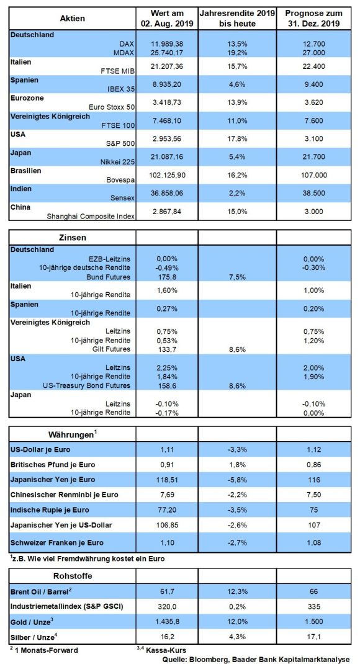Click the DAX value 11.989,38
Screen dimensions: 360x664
(x=168, y=43)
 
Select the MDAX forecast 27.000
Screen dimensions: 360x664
(x=314, y=53)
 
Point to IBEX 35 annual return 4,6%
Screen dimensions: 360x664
(x=237, y=84)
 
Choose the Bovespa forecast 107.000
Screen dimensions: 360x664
(x=314, y=176)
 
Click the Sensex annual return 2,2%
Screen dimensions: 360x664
(x=237, y=194)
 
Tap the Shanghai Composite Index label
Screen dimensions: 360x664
(x=91, y=217)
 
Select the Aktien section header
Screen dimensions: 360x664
(x=73, y=18)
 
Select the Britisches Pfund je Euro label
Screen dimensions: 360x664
(x=53, y=465)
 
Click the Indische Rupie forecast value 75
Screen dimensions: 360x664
(x=314, y=510)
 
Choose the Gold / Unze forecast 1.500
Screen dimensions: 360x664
(x=314, y=622)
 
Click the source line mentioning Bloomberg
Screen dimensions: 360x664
(x=256, y=659)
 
